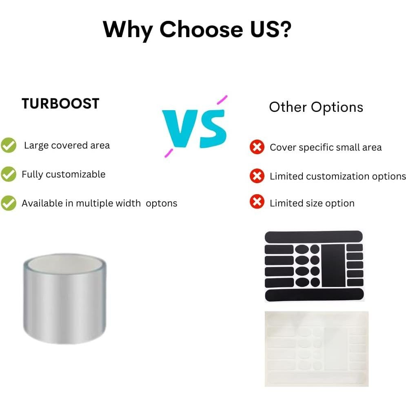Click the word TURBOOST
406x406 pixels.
click(60, 104)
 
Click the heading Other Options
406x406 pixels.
click(316, 107)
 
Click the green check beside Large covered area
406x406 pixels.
click(9, 145)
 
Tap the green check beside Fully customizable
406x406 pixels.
click(9, 174)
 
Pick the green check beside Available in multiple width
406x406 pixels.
click(9, 203)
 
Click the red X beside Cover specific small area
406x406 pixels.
click(257, 147)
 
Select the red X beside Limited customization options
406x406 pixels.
click(257, 176)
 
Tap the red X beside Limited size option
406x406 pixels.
click(257, 202)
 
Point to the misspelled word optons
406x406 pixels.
click(162, 204)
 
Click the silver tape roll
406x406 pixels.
click(65, 299)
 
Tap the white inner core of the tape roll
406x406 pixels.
click(65, 264)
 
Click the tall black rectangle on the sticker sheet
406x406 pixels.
click(333, 265)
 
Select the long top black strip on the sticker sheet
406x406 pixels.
click(313, 237)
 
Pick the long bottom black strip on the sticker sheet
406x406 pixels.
click(314, 295)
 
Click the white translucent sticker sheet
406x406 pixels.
click(316, 349)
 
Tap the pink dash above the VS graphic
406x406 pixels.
click(222, 100)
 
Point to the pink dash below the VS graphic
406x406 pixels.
click(169, 153)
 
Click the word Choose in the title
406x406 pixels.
click(201, 29)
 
